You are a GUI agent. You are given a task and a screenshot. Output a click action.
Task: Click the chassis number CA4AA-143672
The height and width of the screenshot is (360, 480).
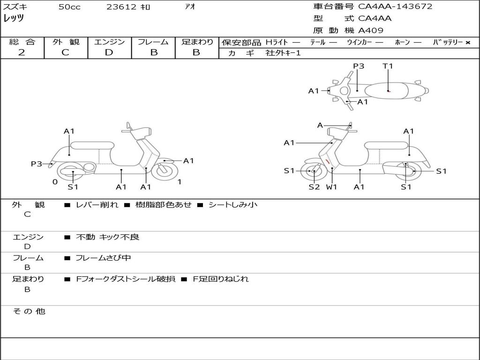(395, 7)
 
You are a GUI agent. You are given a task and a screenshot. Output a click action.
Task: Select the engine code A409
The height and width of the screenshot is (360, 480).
(371, 30)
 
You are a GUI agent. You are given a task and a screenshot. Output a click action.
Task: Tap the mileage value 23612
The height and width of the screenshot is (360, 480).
(121, 7)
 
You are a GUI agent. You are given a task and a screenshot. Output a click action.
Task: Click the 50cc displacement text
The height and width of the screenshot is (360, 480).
(69, 7)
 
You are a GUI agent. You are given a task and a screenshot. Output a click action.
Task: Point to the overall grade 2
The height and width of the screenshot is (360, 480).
(22, 52)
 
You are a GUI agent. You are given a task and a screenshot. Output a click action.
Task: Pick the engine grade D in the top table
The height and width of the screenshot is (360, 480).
(109, 52)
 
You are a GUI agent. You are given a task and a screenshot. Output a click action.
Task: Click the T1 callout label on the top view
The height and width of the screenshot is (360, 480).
(388, 66)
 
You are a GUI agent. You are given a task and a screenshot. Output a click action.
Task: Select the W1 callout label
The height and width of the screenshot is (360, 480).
(331, 187)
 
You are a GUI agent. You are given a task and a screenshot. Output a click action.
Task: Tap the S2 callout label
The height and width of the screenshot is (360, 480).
(314, 187)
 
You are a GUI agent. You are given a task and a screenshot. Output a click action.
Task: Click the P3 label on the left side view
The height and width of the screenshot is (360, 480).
(37, 164)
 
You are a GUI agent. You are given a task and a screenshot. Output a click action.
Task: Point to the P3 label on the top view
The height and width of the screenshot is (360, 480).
(359, 66)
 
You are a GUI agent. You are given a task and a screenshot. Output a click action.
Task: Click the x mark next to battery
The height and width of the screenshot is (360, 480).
(468, 43)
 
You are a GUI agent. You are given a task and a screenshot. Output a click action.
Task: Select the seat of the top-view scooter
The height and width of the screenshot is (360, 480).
(386, 91)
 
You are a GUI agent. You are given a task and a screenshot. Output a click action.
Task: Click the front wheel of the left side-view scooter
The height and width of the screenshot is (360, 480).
(163, 171)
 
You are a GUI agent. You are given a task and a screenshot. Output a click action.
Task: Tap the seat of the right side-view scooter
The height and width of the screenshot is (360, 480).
(387, 146)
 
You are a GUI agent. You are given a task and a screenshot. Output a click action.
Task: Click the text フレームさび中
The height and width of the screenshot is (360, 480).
(103, 258)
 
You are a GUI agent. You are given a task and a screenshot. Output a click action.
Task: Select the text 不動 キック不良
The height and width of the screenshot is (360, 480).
(107, 237)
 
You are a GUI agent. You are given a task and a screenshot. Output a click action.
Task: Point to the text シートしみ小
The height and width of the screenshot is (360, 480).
(233, 204)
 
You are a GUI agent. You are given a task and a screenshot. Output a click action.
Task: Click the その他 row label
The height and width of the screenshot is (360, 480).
(29, 311)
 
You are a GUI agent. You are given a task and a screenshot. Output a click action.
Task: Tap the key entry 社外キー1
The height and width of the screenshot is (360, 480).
(283, 53)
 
